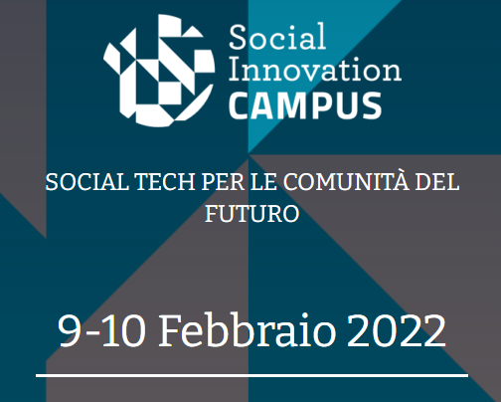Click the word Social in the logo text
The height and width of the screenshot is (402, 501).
[x=277, y=37]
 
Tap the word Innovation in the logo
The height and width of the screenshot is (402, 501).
[x=315, y=69]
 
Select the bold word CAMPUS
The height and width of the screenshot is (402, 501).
[x=305, y=105]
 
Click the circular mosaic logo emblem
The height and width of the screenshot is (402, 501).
[x=159, y=70]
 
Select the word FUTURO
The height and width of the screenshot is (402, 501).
[x=252, y=214]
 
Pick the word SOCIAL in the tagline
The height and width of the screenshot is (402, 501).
[x=86, y=182]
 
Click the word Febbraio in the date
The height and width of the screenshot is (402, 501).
[x=248, y=330]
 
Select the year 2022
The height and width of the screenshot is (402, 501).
[x=397, y=330]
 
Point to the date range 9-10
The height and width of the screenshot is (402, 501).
[x=101, y=330]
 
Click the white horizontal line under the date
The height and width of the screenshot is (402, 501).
[x=252, y=375]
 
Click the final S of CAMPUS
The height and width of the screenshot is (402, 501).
[x=371, y=105]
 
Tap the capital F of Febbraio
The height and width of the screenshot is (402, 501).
[x=170, y=330]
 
